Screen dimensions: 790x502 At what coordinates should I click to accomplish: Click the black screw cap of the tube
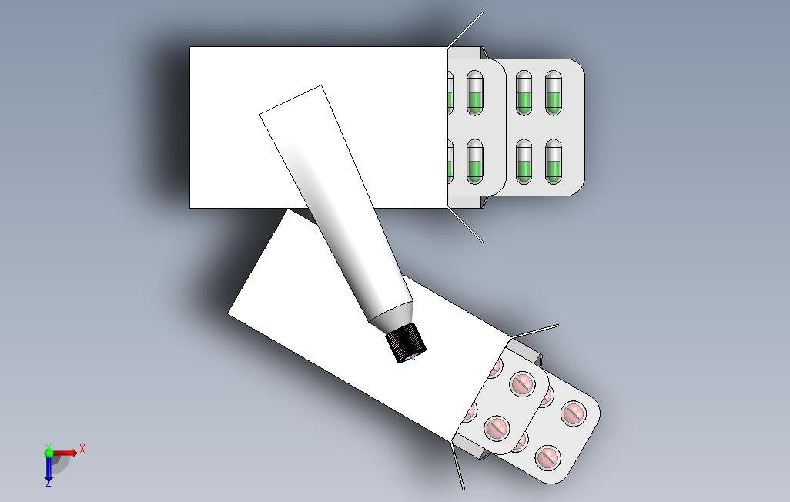[x=406, y=343]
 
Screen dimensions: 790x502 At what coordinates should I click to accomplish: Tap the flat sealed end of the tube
[x=291, y=100]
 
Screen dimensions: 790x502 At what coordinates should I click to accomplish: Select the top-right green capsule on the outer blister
[x=553, y=92]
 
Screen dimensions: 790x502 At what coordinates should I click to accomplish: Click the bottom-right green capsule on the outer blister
[x=553, y=161]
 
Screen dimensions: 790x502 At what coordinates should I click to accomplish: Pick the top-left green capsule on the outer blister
[x=524, y=92]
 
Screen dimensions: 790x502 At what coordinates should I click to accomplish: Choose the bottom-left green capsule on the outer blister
[x=524, y=161]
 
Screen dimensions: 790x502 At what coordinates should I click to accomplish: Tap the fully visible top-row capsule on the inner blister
[x=474, y=92]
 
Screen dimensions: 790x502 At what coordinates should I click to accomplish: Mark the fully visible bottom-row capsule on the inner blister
[x=474, y=161]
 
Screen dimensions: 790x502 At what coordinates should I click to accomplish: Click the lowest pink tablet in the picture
[x=548, y=458]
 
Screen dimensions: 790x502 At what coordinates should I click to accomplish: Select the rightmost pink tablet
[x=574, y=413]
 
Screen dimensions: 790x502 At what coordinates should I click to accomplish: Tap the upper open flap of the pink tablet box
[x=535, y=331]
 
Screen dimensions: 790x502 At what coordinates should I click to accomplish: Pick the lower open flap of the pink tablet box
[x=457, y=466]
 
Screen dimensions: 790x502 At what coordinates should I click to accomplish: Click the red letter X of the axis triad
[x=82, y=449]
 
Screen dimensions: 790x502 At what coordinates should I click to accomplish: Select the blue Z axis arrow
[x=49, y=468]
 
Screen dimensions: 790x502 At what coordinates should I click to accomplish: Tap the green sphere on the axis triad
[x=49, y=452]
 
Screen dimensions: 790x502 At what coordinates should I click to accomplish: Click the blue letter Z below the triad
[x=49, y=484]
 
